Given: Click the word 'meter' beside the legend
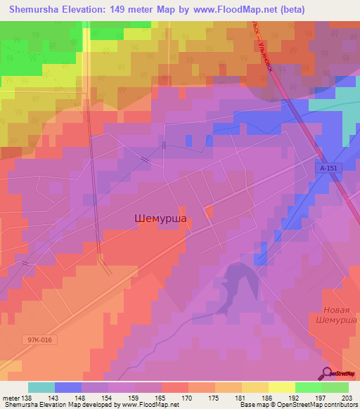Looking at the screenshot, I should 12,398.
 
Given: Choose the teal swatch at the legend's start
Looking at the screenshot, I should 41,387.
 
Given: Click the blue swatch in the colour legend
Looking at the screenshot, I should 68,387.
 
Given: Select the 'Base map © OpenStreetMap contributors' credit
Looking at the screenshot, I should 297,405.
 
